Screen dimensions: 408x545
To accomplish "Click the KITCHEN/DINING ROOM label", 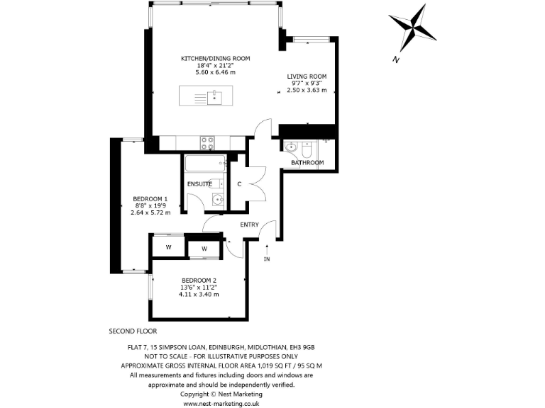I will coord(215,58).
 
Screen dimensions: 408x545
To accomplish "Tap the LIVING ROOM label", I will coord(307,76).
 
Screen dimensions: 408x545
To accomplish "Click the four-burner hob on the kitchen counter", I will coord(208,142).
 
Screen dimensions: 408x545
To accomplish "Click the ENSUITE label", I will coord(199,184).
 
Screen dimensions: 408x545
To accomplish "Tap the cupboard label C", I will coord(239,184).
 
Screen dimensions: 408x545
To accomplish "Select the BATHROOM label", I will coord(307,162).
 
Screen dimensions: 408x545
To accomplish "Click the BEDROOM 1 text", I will coord(150,198).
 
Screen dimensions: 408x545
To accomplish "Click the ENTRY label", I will coord(249,225).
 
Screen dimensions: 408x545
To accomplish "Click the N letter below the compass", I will coord(395,59).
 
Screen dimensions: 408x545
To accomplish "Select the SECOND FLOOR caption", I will coord(133,331).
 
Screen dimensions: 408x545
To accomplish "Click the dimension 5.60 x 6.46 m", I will coord(215,72).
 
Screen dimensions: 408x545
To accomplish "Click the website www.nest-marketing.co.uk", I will coord(221,402).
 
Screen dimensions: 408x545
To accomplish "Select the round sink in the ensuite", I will coord(218,200).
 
